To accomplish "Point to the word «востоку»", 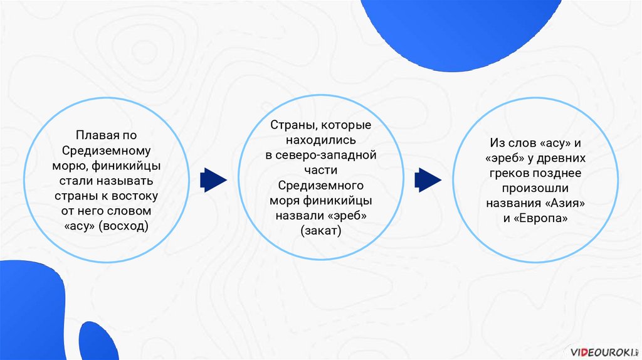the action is click(x=135, y=196).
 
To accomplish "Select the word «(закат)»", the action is click(x=320, y=231).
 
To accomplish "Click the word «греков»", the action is click(x=512, y=174).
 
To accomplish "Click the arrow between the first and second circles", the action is click(x=213, y=180).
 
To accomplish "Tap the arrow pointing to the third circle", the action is click(x=429, y=180).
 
